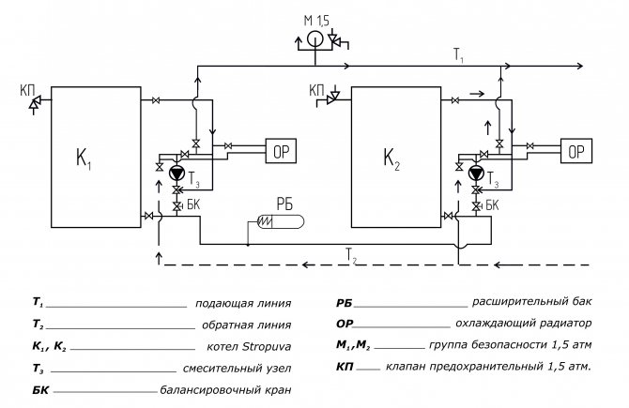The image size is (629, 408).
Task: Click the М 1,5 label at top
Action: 316,20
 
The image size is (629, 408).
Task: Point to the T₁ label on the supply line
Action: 458,56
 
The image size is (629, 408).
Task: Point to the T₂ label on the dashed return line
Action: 350,254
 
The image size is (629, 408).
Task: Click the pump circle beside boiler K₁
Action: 176,173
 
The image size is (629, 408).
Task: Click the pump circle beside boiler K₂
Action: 476,173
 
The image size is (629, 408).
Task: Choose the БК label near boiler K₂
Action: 494,204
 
